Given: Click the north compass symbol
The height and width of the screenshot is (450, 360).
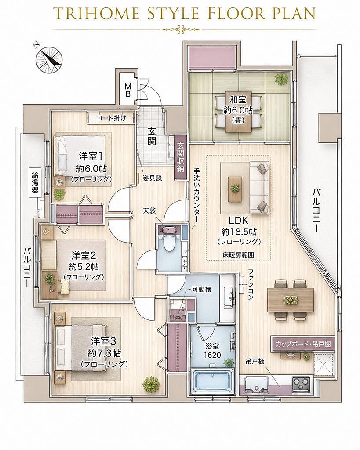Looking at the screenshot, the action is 49,59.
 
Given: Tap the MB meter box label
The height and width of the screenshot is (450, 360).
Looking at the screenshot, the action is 128,90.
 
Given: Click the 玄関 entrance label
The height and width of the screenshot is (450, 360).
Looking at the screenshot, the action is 151,136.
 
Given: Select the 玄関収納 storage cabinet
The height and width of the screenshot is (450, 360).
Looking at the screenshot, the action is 180,158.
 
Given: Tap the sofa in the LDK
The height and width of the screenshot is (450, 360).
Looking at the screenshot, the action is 259,188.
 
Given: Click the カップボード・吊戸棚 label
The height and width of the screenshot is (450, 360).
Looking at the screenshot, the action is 303,344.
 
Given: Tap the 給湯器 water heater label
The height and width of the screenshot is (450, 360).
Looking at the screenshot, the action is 35,182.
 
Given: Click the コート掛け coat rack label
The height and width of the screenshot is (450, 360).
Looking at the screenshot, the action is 111,118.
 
